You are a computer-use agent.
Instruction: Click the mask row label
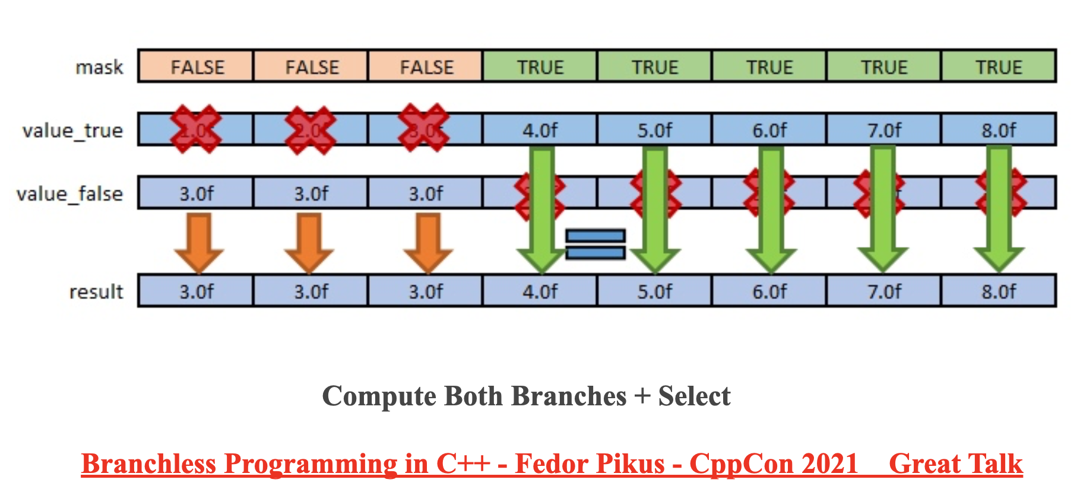[99, 67]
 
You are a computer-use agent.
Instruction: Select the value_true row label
[72, 130]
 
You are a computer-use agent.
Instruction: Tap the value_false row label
[69, 193]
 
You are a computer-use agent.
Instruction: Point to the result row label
[96, 291]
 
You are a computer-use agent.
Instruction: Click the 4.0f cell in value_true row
[540, 130]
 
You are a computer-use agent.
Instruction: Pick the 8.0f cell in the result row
[998, 291]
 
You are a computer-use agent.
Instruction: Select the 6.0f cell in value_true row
[769, 130]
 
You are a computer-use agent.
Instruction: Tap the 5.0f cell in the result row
[654, 291]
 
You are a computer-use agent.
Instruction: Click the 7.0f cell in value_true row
[884, 130]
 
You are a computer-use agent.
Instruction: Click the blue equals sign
[595, 244]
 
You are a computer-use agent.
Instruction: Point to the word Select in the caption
[694, 396]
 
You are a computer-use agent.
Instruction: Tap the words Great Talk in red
[955, 463]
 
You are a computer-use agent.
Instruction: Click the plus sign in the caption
[642, 396]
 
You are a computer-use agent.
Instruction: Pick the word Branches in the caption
[568, 396]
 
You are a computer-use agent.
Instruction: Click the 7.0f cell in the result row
[884, 291]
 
